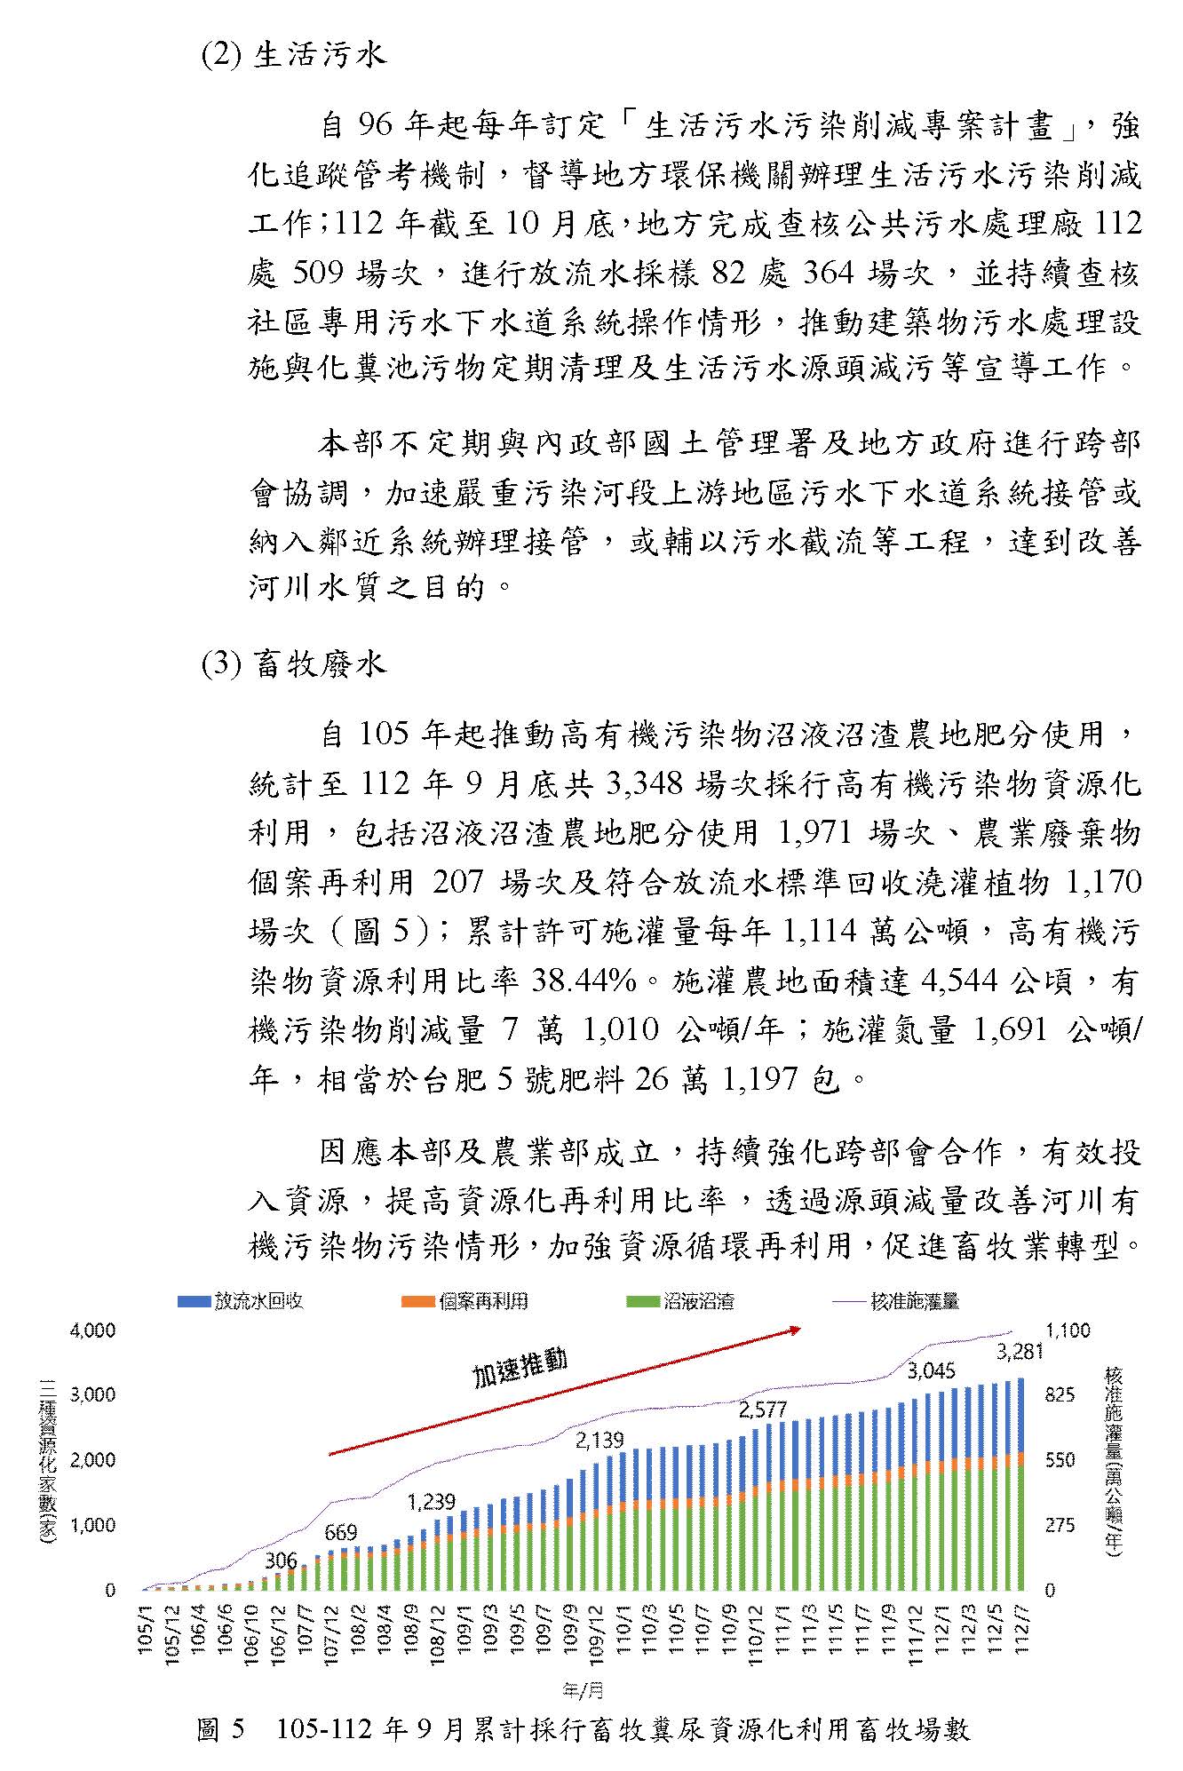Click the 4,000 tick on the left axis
[93, 1330]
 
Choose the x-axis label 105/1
[146, 1631]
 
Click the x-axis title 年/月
[583, 1687]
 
